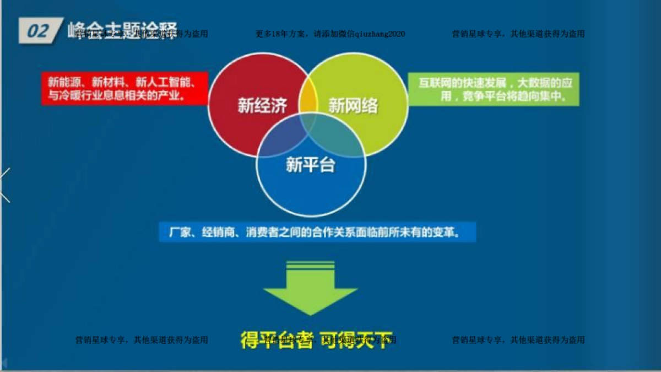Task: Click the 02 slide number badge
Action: pyautogui.click(x=37, y=31)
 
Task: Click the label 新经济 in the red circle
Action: pyautogui.click(x=262, y=105)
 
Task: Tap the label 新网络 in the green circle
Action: pyautogui.click(x=353, y=105)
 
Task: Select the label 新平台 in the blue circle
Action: pyautogui.click(x=310, y=164)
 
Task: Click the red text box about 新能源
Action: pyautogui.click(x=124, y=89)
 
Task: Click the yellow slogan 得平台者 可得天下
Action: pyautogui.click(x=317, y=339)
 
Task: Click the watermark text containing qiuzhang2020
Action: pyautogui.click(x=330, y=34)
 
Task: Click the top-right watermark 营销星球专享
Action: pyautogui.click(x=518, y=34)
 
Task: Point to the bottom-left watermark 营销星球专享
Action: pyautogui.click(x=142, y=340)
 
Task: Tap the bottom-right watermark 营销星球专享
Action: pyautogui.click(x=518, y=340)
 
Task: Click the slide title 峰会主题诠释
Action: pyautogui.click(x=122, y=30)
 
